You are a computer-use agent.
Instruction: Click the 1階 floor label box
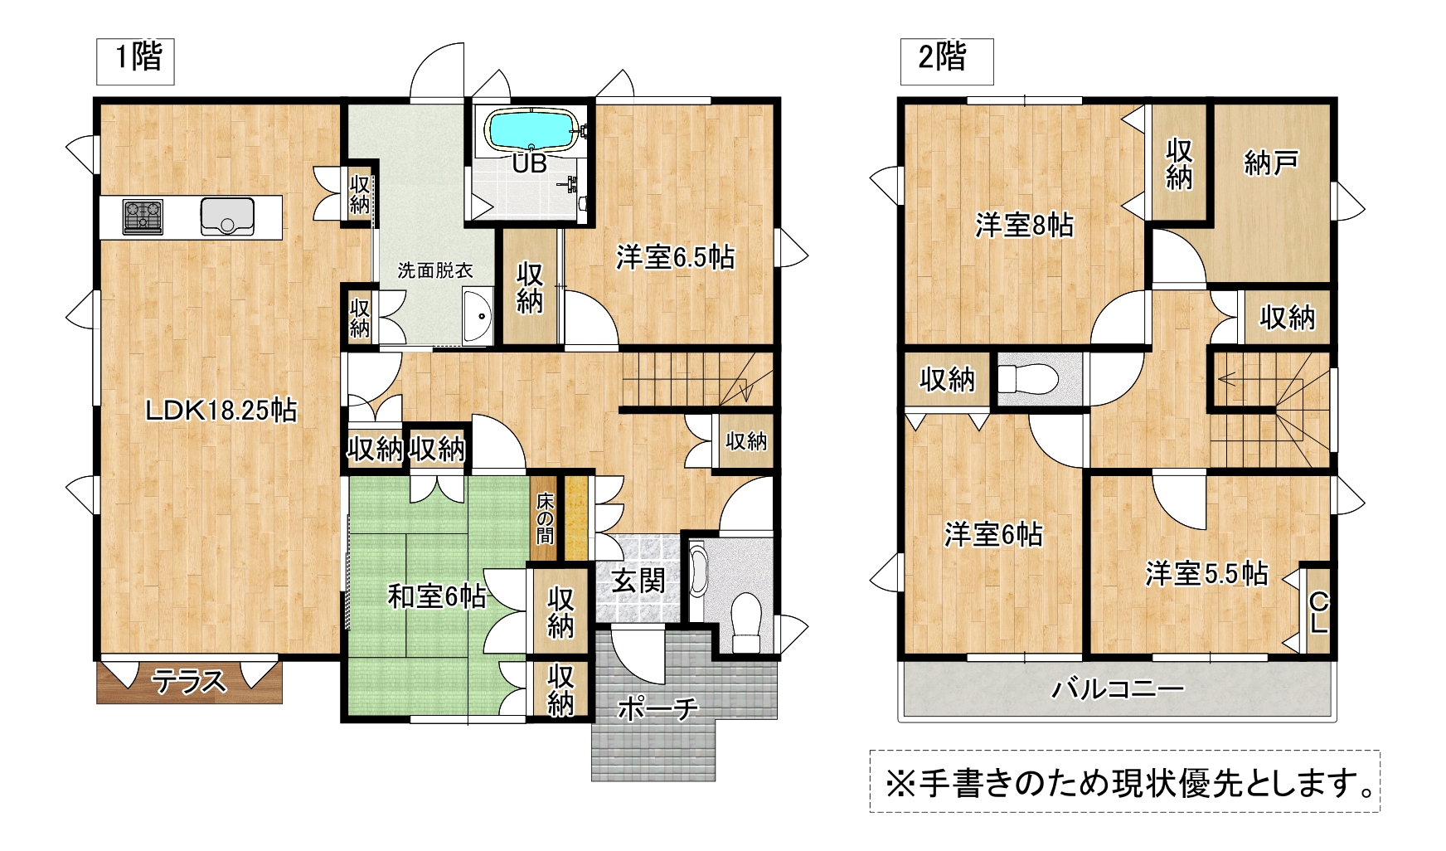pos(135,61)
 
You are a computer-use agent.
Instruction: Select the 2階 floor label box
pos(947,61)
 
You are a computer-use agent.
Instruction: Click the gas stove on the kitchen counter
pos(143,217)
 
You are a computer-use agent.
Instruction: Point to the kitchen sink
pos(227,216)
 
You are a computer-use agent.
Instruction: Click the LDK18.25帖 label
pos(221,411)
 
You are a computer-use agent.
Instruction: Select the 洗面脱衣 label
pos(435,270)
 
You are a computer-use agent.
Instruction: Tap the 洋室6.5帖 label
pos(675,257)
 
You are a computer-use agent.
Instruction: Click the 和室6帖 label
pos(437,596)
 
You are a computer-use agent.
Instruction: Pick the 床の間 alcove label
pos(545,518)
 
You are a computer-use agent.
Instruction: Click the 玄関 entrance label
pos(638,581)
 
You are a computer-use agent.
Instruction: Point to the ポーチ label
pos(657,709)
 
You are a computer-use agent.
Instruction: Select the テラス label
pos(189,682)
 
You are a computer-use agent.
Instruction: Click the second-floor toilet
pos(1028,380)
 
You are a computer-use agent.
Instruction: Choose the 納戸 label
pos(1271,163)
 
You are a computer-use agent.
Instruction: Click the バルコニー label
pos(1118,688)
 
